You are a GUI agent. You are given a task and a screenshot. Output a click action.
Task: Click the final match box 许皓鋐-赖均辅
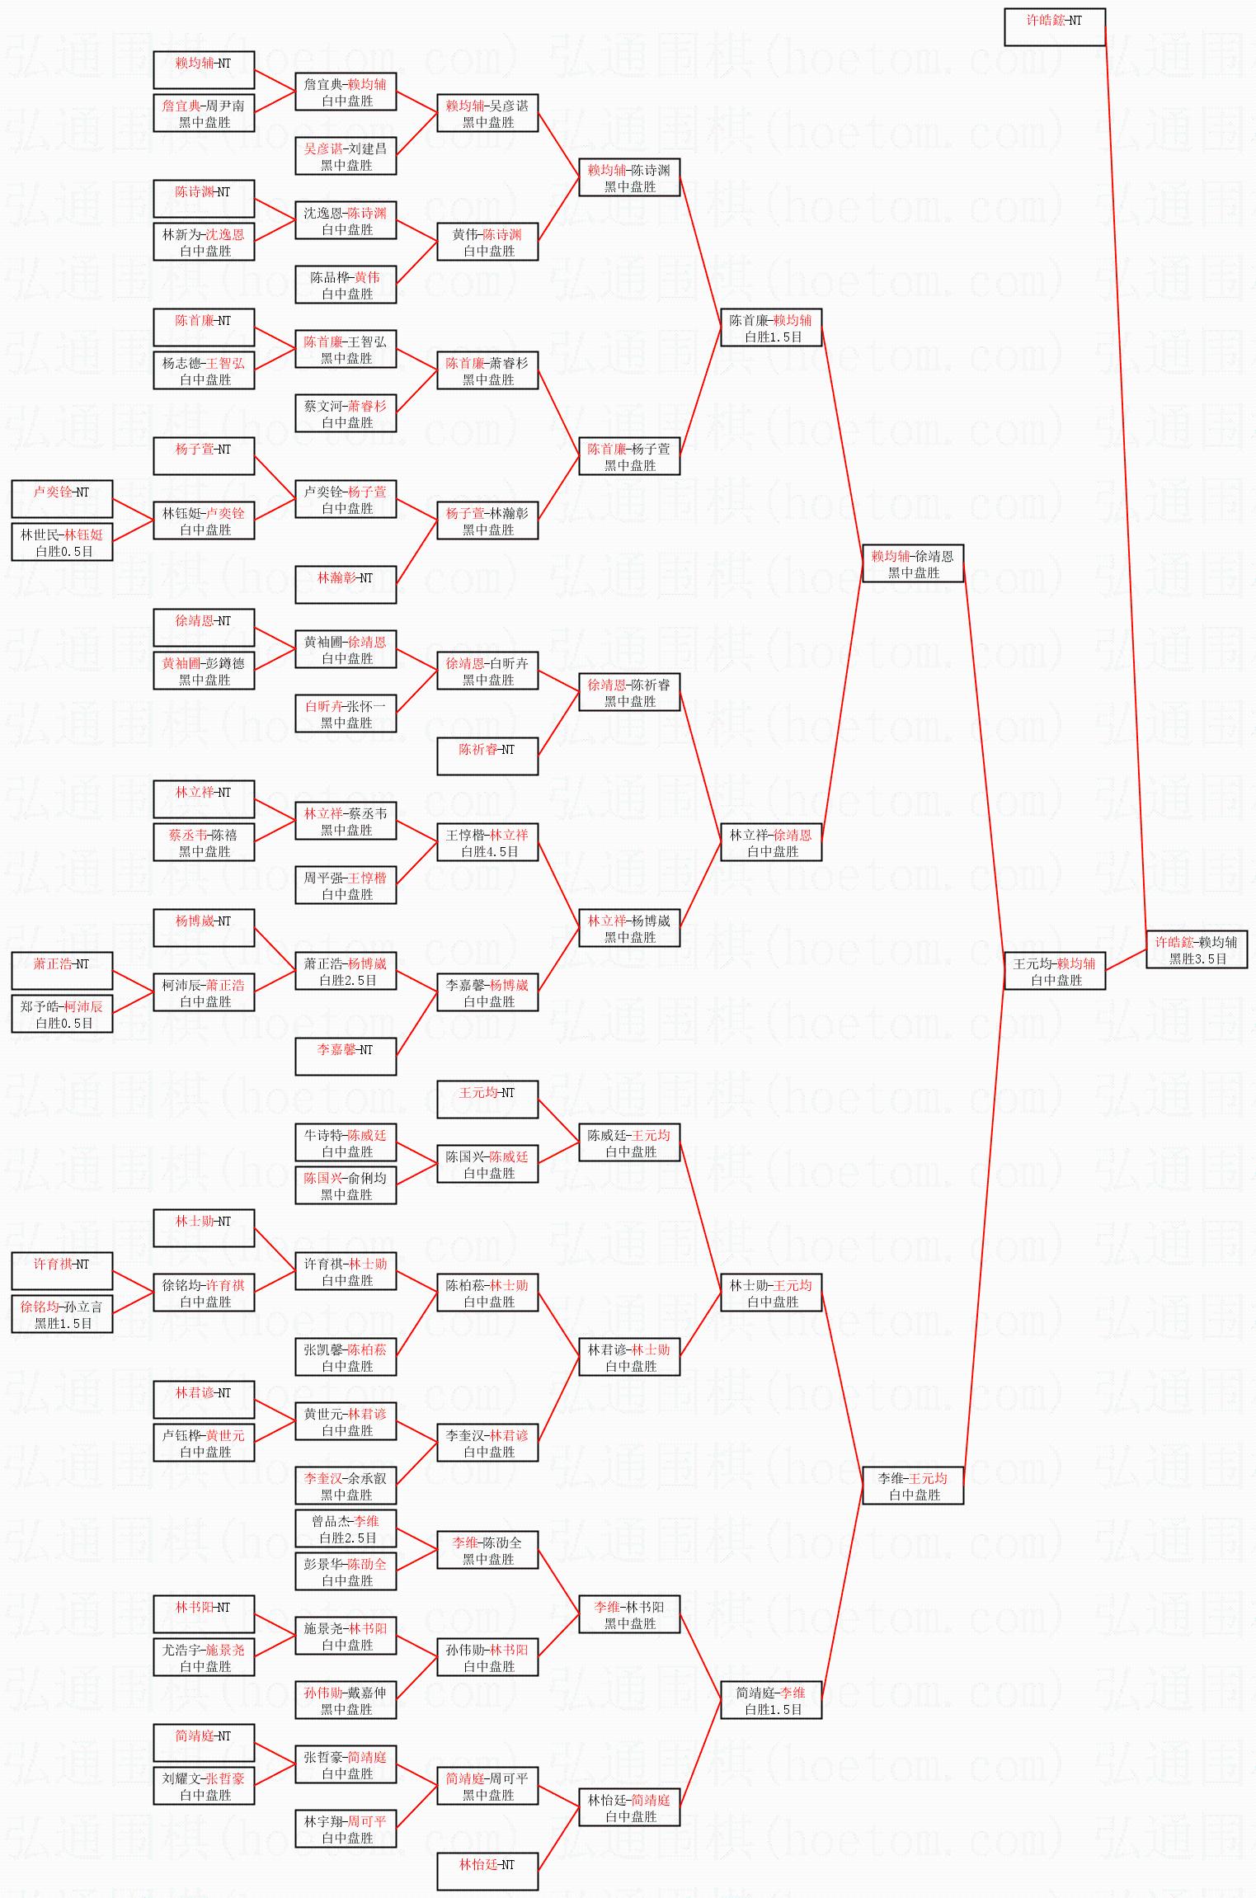(x=1196, y=949)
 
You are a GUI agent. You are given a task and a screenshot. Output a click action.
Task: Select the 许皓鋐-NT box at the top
(x=1054, y=27)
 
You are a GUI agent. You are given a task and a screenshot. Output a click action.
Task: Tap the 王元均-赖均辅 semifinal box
(x=1054, y=971)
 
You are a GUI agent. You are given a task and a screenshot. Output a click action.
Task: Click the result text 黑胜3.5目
(x=1197, y=958)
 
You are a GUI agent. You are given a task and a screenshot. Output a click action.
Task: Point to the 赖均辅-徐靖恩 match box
(x=912, y=563)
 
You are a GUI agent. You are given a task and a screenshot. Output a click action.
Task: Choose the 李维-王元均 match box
(x=912, y=1486)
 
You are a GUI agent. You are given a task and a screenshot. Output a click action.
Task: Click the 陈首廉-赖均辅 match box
(x=770, y=327)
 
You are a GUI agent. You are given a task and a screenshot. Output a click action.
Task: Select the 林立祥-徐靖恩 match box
(x=770, y=842)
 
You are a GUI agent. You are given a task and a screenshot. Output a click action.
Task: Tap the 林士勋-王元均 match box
(x=770, y=1293)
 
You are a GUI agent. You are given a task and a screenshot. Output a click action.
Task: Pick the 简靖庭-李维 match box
(x=770, y=1700)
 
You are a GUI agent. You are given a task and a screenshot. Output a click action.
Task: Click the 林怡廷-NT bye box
(x=487, y=1872)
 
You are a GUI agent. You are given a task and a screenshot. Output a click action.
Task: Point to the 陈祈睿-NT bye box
(x=487, y=756)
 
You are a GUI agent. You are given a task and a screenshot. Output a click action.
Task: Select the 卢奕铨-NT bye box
(x=62, y=499)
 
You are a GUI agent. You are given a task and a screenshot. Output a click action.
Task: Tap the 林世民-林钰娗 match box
(x=62, y=542)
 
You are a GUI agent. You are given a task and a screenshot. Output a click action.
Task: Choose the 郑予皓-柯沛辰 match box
(x=62, y=1014)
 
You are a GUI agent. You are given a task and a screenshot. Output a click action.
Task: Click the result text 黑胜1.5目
(x=64, y=1323)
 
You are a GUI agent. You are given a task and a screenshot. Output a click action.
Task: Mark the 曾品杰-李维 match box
(x=346, y=1528)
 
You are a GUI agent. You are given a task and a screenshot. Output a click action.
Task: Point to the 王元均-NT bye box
(x=487, y=1100)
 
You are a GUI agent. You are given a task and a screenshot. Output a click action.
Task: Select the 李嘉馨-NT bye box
(x=346, y=1057)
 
